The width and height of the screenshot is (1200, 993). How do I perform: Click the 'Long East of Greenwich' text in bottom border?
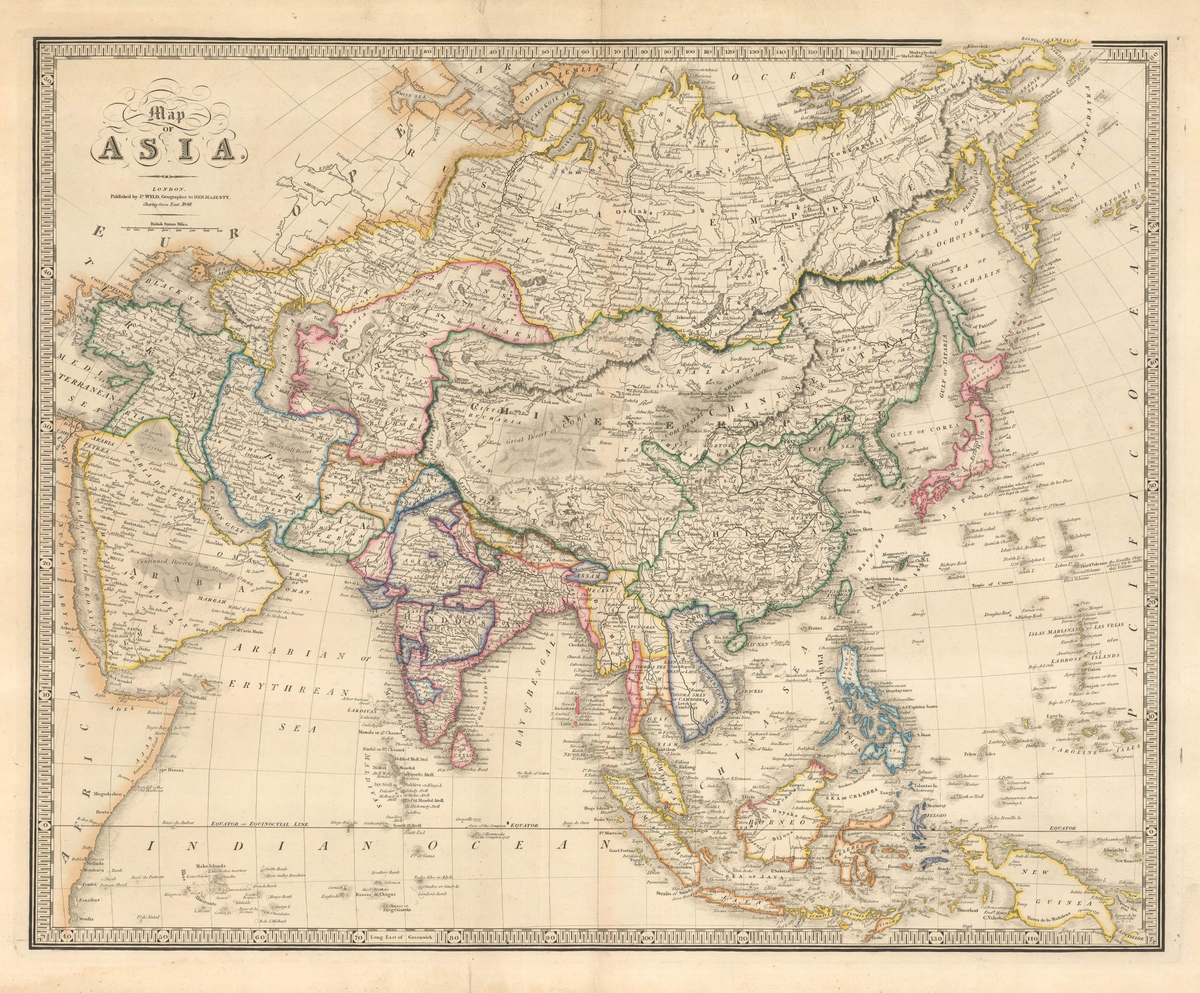pyautogui.click(x=403, y=953)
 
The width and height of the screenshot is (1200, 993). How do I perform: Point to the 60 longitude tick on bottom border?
pyautogui.click(x=259, y=953)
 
